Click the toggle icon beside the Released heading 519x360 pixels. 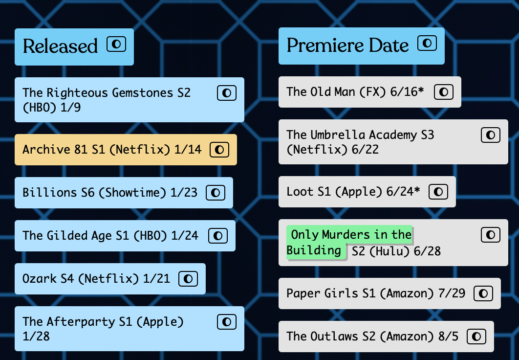(116, 45)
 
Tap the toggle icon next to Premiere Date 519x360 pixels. (427, 44)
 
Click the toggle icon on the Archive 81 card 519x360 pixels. (219, 150)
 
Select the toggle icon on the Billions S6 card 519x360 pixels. (216, 193)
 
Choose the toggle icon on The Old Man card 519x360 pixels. (444, 92)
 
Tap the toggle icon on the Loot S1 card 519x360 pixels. (438, 192)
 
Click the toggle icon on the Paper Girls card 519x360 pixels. (483, 293)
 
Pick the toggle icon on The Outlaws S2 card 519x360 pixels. (476, 337)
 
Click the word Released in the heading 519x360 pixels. (61, 46)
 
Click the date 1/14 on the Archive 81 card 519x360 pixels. (188, 150)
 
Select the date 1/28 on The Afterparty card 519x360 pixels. (36, 336)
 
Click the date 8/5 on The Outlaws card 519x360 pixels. (449, 337)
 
